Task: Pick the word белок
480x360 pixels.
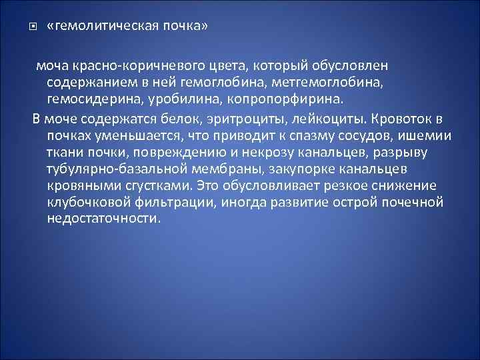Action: click(x=177, y=120)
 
